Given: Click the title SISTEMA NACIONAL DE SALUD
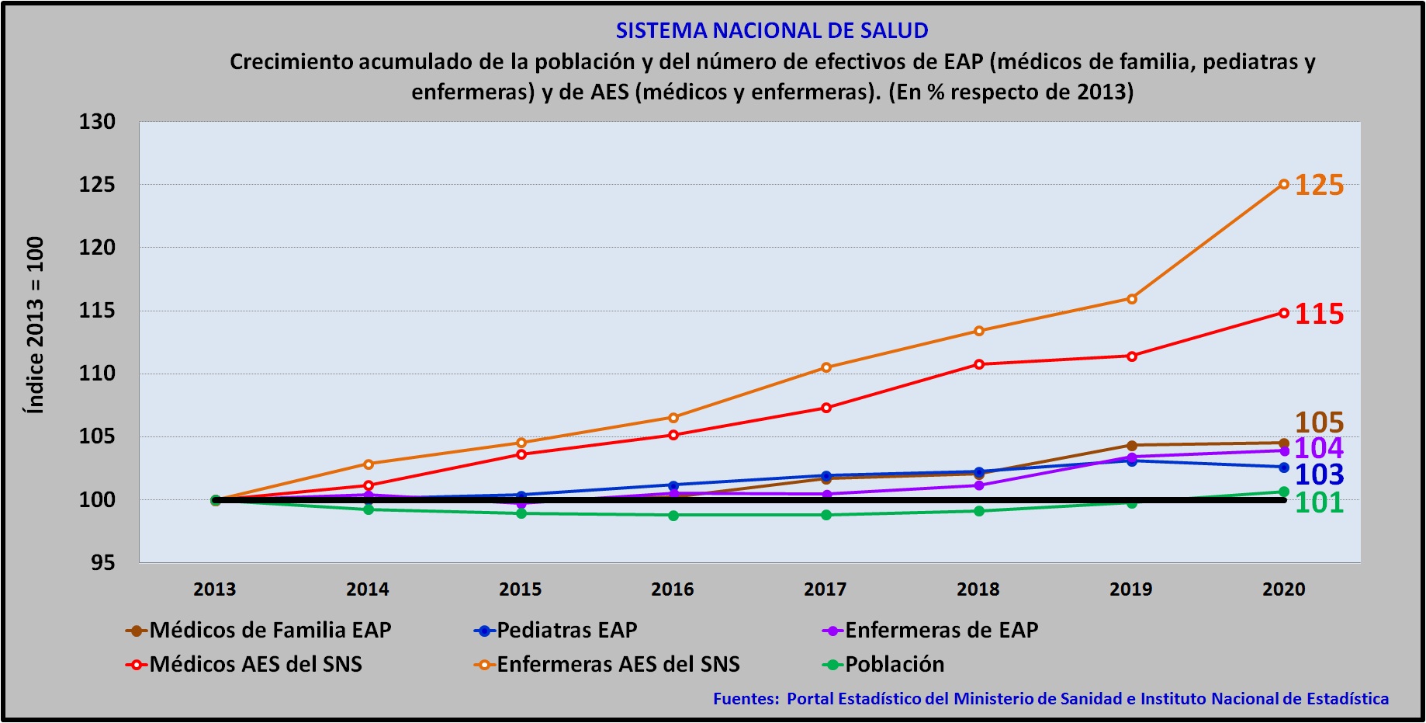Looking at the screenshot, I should [771, 30].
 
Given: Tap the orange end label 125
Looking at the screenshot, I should [1319, 185].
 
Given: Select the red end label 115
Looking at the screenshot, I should [1319, 314].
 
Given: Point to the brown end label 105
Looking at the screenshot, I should [1319, 422].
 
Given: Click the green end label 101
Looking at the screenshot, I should [1319, 502].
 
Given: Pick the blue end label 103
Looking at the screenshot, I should [1319, 474].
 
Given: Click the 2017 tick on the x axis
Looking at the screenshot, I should [825, 589].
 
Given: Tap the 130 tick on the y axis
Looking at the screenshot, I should [97, 122].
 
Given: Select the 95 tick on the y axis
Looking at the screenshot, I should [102, 563].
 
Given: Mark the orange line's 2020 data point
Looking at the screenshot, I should [1284, 184].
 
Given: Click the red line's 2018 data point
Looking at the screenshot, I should [979, 364].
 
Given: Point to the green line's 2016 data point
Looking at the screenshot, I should [673, 515].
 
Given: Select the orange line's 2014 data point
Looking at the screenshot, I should [369, 464].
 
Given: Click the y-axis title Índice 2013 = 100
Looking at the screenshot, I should [36, 325].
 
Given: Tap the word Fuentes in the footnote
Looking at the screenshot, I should [746, 698].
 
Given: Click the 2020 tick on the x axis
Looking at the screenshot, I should [1283, 589].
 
